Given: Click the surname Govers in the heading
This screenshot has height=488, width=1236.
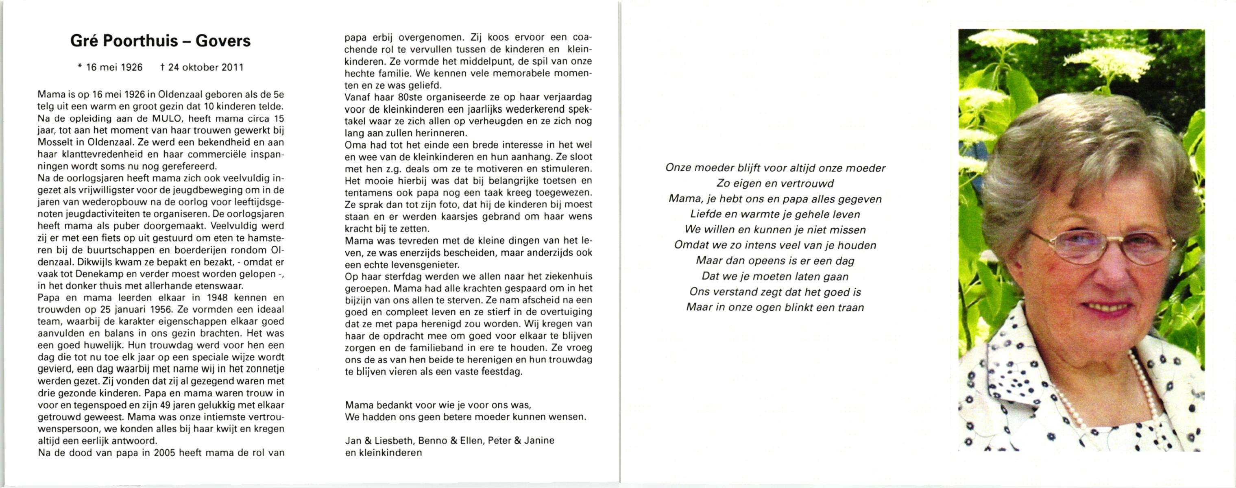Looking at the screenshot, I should (x=223, y=41).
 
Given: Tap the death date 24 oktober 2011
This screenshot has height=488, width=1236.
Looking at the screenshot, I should (x=206, y=68).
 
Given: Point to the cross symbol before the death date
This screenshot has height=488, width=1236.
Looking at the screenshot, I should (x=163, y=68).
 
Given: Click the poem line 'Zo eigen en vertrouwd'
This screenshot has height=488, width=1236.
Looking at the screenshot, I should (x=775, y=183).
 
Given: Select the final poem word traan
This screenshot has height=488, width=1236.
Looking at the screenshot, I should (x=851, y=307).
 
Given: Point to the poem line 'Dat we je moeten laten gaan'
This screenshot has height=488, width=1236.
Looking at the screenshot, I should (x=775, y=277).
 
